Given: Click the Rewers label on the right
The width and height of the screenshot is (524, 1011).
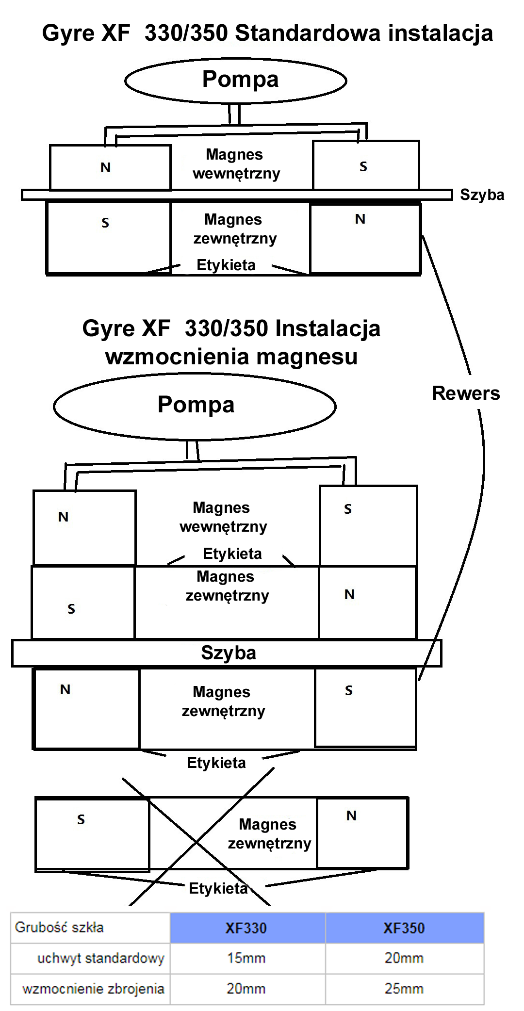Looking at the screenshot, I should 466,393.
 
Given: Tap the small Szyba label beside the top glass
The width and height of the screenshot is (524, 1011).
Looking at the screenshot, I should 482,195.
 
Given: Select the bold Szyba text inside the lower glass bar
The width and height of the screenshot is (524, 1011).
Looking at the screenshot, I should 229,653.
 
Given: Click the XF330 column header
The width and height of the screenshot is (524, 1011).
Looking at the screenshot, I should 246,928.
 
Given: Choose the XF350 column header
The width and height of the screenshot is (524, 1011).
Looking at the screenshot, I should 404,928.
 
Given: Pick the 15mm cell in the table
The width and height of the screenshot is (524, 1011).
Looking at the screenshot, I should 246,958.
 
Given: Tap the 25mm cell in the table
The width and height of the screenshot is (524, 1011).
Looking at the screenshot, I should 404,988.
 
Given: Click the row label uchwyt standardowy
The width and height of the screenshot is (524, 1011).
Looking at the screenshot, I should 100,958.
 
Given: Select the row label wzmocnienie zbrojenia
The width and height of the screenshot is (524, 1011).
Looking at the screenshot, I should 93,988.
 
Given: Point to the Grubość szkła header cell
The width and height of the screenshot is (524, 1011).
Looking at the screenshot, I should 59,927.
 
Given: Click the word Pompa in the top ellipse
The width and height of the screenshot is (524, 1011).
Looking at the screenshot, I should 240,79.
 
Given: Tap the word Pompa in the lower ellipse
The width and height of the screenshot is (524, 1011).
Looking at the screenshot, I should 196,405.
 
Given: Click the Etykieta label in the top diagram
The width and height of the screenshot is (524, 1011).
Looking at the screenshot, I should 226,265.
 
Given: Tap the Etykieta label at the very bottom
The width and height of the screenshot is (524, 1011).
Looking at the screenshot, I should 218,888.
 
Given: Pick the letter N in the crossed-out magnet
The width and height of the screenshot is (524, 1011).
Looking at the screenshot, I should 351,816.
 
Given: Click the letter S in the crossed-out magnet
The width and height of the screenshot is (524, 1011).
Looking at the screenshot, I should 81,820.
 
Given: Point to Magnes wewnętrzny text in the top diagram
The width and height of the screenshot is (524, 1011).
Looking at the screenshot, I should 235,164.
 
